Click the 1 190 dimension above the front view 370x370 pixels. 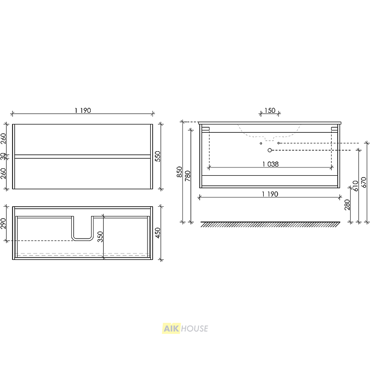pos(83,111)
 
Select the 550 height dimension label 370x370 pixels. pos(158,156)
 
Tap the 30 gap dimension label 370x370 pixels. pos(3,156)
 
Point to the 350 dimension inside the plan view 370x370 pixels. pos(100,237)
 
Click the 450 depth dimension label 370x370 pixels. pos(158,233)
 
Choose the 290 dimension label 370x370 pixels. pos(3,223)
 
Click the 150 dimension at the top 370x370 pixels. pos(270,111)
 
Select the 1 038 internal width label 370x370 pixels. pos(271,164)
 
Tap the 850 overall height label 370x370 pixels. pos(179,172)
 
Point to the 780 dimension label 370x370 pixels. pos(188,176)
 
